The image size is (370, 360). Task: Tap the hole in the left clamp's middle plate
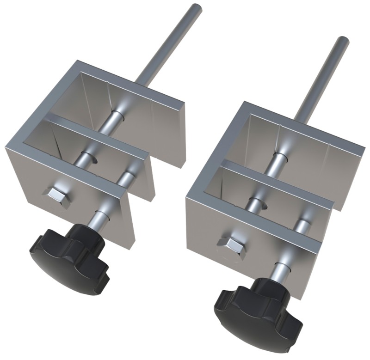coord(91,159)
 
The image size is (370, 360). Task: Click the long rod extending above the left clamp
coord(171,46)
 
